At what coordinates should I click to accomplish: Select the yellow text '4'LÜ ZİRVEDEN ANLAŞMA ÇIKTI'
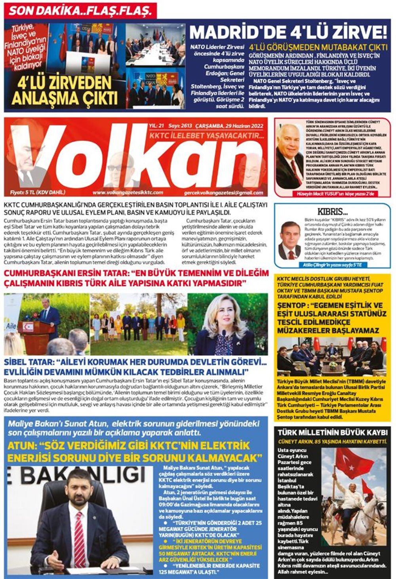pyautogui.click(x=65, y=91)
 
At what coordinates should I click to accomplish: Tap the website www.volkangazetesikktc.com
pyautogui.click(x=128, y=193)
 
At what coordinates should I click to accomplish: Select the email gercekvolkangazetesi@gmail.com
pyautogui.click(x=223, y=193)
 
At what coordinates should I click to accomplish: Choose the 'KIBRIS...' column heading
pyautogui.click(x=333, y=211)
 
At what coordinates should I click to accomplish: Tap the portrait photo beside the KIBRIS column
pyautogui.click(x=290, y=240)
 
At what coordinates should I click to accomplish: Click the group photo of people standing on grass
pyautogui.click(x=138, y=324)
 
